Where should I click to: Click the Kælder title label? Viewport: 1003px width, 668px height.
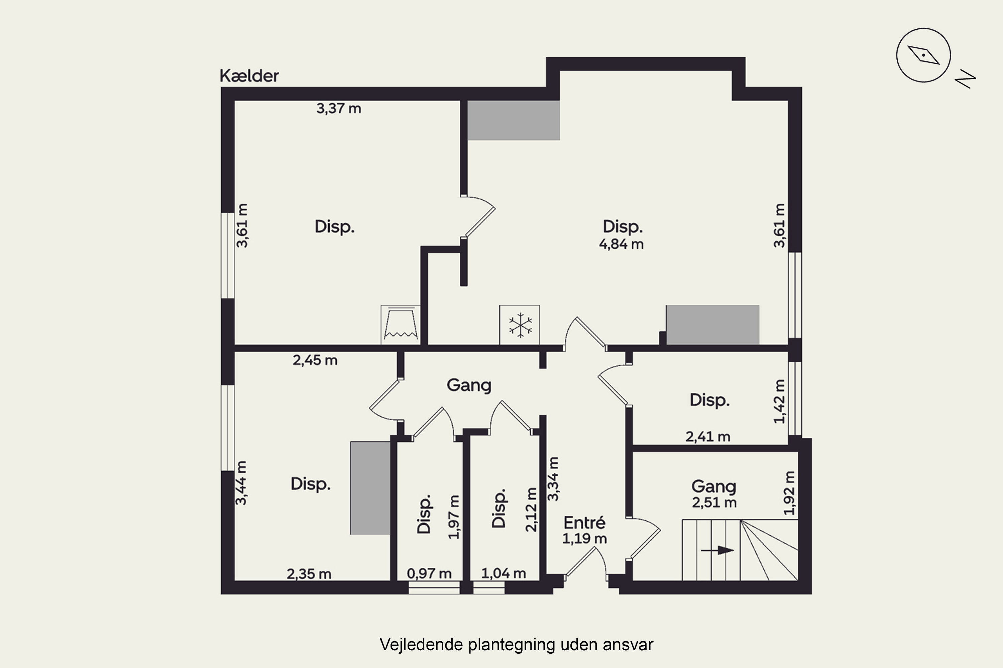pyautogui.click(x=249, y=76)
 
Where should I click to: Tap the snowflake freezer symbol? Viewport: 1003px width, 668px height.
pyautogui.click(x=520, y=325)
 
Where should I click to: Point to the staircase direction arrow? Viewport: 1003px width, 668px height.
pyautogui.click(x=717, y=550)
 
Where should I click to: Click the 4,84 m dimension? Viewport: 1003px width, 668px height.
pyautogui.click(x=621, y=244)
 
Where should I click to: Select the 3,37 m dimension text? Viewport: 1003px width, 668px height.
pyautogui.click(x=339, y=109)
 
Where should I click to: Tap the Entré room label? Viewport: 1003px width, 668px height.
pyautogui.click(x=584, y=522)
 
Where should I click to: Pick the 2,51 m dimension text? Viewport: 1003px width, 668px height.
pyautogui.click(x=714, y=503)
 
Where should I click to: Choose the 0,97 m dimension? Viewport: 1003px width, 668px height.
pyautogui.click(x=429, y=574)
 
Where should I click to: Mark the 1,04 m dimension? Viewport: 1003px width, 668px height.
pyautogui.click(x=503, y=573)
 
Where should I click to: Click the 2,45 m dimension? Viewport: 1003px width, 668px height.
pyautogui.click(x=315, y=360)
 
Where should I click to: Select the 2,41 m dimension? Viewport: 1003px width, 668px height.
pyautogui.click(x=708, y=437)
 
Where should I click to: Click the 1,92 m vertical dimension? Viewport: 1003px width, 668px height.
pyautogui.click(x=789, y=493)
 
